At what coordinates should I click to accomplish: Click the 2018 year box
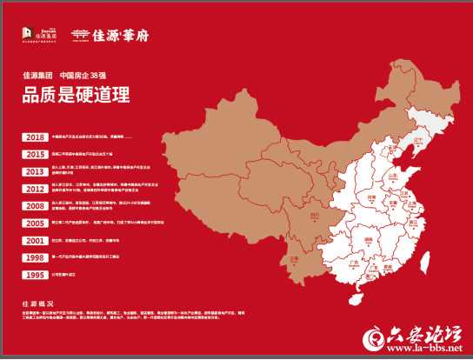(35, 137)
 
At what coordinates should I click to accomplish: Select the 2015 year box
(35, 154)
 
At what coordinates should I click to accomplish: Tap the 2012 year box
(35, 189)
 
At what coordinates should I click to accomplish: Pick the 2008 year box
(35, 206)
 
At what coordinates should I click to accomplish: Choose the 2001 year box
(35, 241)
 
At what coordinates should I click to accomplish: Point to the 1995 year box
(35, 275)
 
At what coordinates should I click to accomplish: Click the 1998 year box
(35, 258)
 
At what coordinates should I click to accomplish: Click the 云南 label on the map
(294, 258)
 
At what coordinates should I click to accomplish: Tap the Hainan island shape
(356, 299)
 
